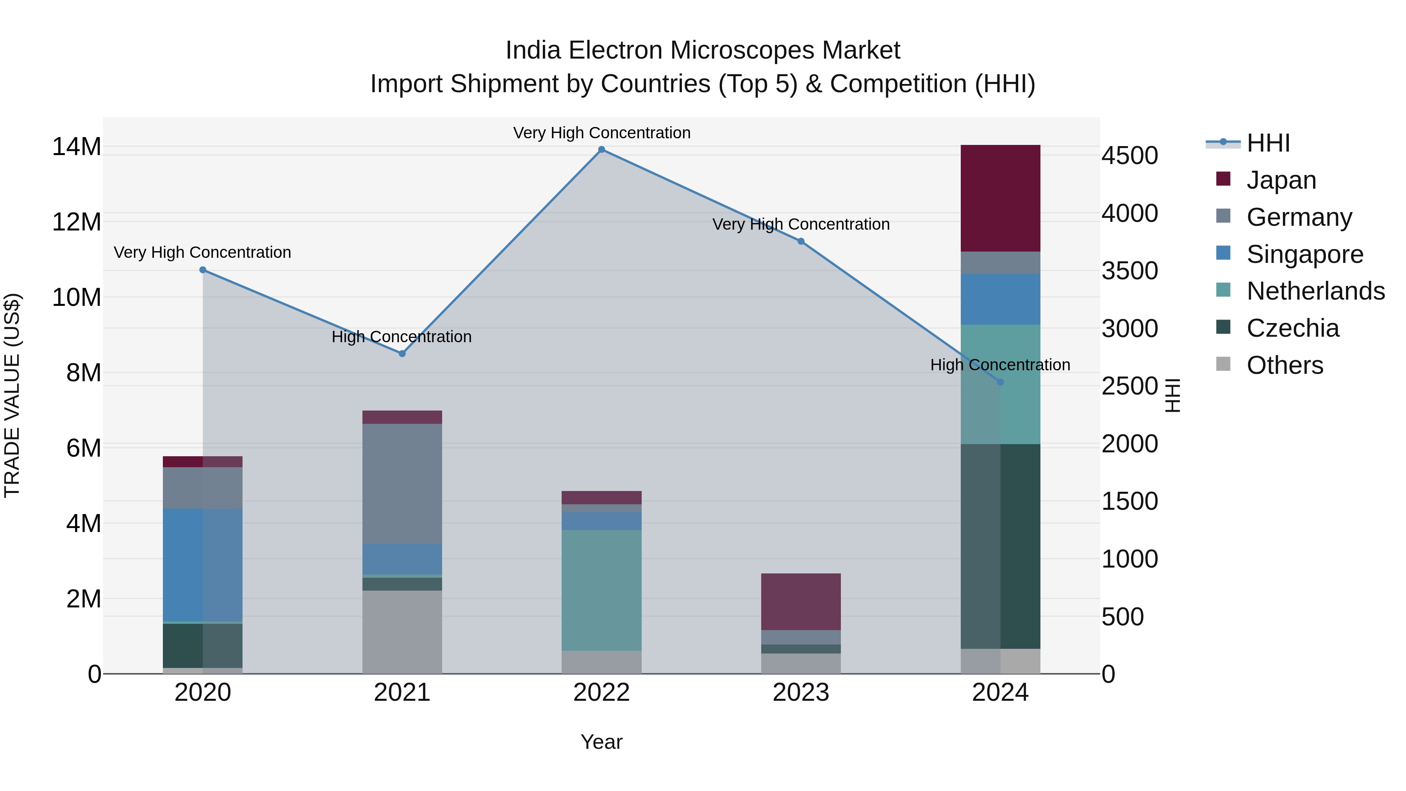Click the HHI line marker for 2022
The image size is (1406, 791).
pyautogui.click(x=601, y=150)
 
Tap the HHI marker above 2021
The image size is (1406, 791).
pyautogui.click(x=402, y=354)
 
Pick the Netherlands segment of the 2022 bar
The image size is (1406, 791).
pyautogui.click(x=601, y=589)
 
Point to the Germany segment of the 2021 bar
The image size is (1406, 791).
pyautogui.click(x=402, y=484)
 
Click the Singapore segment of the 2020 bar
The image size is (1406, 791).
pyautogui.click(x=202, y=565)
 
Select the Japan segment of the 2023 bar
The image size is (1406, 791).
pyautogui.click(x=801, y=602)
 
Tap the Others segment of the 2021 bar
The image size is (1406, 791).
pyautogui.click(x=402, y=632)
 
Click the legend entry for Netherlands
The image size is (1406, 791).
pyautogui.click(x=1315, y=291)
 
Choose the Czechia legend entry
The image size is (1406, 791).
pyautogui.click(x=1292, y=328)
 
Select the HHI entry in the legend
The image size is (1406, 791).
pyautogui.click(x=1268, y=143)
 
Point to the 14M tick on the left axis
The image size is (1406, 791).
pyautogui.click(x=77, y=147)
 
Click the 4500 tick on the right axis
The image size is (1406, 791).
pyautogui.click(x=1129, y=155)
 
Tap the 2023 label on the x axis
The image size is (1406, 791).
pyautogui.click(x=801, y=693)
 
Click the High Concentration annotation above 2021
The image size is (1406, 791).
pyautogui.click(x=402, y=337)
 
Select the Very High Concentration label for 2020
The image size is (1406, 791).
pyautogui.click(x=202, y=252)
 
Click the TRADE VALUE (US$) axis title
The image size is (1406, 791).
pyautogui.click(x=12, y=395)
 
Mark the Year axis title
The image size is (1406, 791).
pyautogui.click(x=601, y=742)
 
